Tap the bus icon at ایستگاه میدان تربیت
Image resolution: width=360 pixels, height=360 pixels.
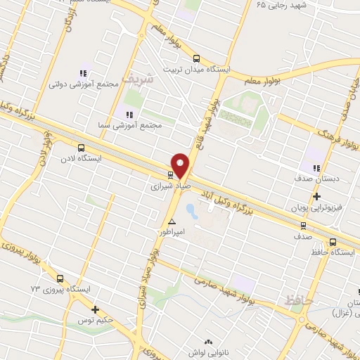pos(195,59)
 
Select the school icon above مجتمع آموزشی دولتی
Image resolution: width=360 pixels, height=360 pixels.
pos(83,73)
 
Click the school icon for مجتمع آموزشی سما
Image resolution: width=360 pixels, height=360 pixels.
pos(129,114)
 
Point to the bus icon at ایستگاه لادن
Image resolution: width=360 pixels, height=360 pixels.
pos(81,148)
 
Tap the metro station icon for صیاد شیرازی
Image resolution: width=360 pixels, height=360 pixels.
pos(170,174)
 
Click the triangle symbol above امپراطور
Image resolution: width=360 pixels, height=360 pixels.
pos(172,221)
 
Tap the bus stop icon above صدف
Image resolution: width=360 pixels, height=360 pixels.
pos(304,226)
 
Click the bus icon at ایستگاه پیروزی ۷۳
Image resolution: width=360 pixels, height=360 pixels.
pos(60,278)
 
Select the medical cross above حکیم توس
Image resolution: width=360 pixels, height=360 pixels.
pos(95,309)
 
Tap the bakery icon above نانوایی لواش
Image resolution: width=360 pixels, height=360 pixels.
pos(207,341)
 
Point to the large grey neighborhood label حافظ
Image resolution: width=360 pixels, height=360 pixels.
pos(299,300)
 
